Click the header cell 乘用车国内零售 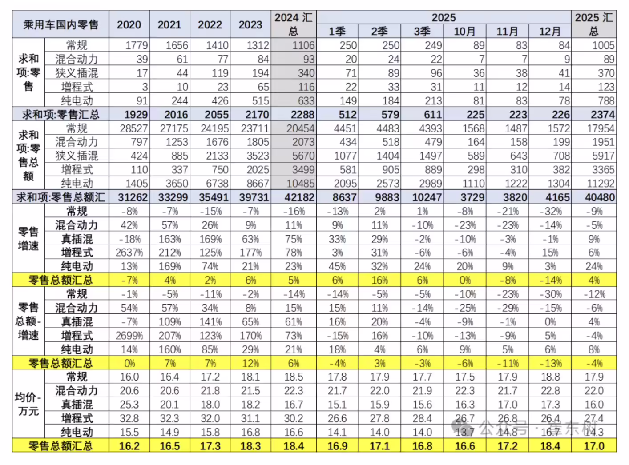point(60,24)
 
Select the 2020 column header point(129,24)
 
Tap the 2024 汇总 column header point(293,24)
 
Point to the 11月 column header point(507,32)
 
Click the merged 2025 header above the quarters point(444,17)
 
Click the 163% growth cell point(169,239)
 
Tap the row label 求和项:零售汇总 point(60,115)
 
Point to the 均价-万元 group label point(28,404)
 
